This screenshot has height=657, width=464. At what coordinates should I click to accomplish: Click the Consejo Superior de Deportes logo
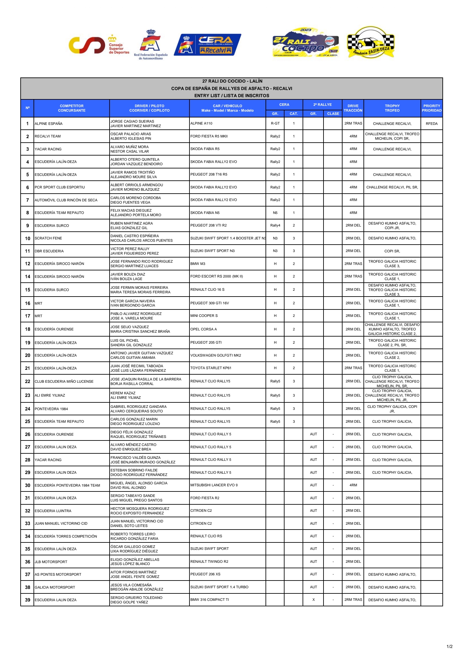point(99,45)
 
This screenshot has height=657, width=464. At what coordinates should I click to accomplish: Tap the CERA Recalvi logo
point(207,45)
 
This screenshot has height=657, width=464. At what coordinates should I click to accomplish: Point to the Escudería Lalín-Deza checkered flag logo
point(371,42)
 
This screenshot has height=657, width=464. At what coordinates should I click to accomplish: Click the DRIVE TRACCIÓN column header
point(353,108)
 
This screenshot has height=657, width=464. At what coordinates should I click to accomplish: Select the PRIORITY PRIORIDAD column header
point(431,108)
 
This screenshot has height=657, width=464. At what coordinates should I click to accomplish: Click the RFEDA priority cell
point(431,124)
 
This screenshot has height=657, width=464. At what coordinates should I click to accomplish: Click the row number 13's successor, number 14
point(27,277)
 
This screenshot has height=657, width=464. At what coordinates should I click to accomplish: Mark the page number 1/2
point(450,646)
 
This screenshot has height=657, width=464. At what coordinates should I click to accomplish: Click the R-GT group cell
point(275,124)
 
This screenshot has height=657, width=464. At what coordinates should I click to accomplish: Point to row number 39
point(27,600)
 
